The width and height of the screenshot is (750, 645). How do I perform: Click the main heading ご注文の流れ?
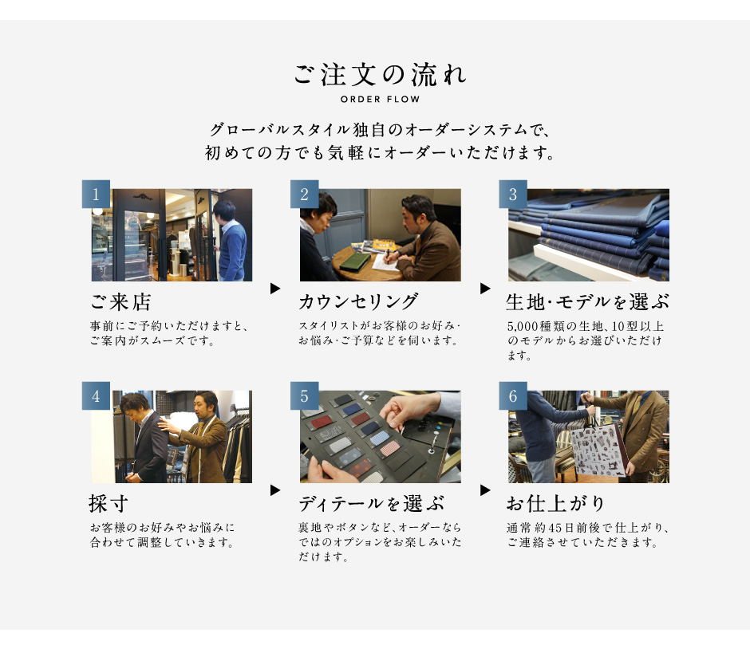click(x=380, y=75)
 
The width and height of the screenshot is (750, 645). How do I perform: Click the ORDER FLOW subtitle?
click(x=381, y=100)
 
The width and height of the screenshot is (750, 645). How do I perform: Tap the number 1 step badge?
click(x=96, y=194)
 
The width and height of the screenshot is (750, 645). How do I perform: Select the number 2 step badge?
click(x=304, y=194)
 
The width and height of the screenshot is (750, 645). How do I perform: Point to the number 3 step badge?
click(x=513, y=194)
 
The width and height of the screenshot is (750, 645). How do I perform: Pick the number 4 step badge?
click(x=96, y=396)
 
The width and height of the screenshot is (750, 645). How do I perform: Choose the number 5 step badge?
click(x=304, y=396)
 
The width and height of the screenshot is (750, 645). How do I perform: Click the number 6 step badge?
click(x=513, y=396)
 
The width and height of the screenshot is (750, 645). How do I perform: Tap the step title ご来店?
click(x=121, y=301)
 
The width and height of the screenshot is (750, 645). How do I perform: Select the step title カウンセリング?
click(x=358, y=301)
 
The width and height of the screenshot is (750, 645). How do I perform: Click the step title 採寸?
click(x=109, y=503)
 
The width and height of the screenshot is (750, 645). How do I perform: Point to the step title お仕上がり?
click(x=555, y=503)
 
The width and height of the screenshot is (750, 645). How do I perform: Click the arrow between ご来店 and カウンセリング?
click(x=275, y=289)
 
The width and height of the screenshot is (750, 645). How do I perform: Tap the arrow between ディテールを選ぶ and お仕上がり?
click(x=485, y=490)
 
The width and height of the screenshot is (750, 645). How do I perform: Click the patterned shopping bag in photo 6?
click(x=598, y=450)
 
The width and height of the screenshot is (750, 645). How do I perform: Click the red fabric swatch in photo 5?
click(x=322, y=423)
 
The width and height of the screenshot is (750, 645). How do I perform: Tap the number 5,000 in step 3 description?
click(x=523, y=327)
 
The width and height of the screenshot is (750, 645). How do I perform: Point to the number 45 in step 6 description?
click(x=555, y=528)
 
